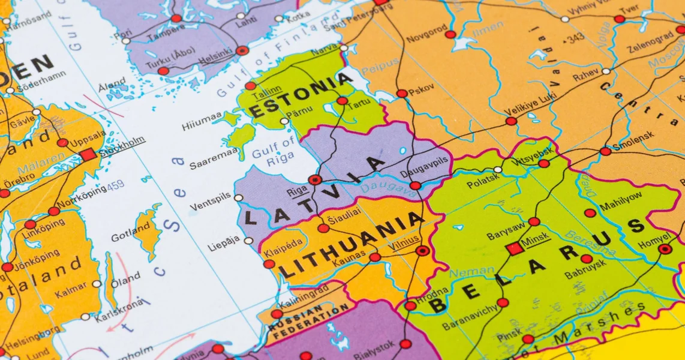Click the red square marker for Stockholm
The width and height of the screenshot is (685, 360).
pyautogui.click(x=88, y=155)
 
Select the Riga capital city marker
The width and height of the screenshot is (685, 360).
pyautogui.click(x=315, y=179)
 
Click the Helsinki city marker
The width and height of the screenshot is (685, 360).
pyautogui.click(x=242, y=51)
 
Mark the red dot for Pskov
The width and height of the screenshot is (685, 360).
pyautogui.click(x=401, y=93)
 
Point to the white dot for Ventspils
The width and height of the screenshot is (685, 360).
pyautogui.click(x=239, y=197)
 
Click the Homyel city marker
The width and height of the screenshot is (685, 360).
pyautogui.click(x=665, y=248)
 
